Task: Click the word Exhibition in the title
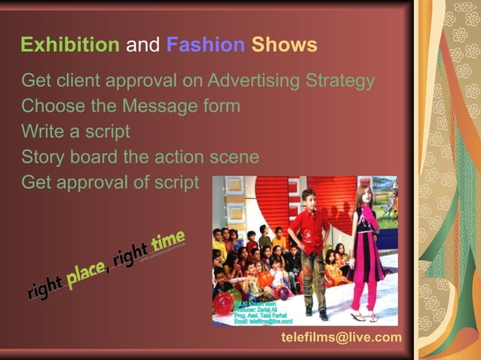click(69, 45)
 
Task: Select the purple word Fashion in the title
click(205, 45)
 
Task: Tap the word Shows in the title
click(284, 45)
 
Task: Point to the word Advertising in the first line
click(256, 81)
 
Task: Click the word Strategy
click(341, 81)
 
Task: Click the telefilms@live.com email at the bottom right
click(341, 337)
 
